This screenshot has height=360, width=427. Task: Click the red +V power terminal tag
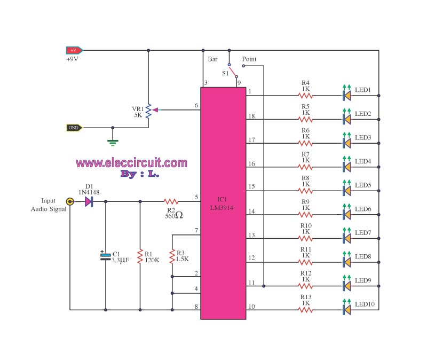[x=74, y=50]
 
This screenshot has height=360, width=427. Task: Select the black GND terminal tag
[x=74, y=128]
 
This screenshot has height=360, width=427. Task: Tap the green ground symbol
[x=113, y=143]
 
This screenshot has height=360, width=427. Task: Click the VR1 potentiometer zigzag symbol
[x=148, y=111]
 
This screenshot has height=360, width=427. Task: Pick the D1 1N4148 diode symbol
[x=89, y=202]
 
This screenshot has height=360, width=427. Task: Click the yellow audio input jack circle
[x=70, y=201]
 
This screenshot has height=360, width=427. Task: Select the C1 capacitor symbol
[x=105, y=257]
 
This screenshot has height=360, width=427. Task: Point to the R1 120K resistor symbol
[x=140, y=256]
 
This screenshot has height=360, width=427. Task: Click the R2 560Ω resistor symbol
[x=171, y=202]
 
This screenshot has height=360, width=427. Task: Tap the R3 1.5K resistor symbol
[x=172, y=256]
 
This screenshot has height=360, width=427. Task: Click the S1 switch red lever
[x=233, y=71]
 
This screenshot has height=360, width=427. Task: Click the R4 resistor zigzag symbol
[x=305, y=96]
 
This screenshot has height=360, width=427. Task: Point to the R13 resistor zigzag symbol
[x=305, y=310]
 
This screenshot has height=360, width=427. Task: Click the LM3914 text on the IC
[x=222, y=208]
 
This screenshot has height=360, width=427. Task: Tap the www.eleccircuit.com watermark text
[x=131, y=163]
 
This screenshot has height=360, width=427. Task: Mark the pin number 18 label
[x=251, y=116]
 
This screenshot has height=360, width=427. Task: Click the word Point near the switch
[x=249, y=59]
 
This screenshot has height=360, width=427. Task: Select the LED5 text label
[x=363, y=185]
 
